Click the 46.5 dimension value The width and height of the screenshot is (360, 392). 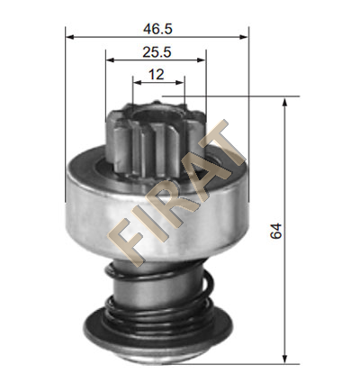point(157,29)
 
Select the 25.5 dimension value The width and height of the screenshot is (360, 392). point(157,52)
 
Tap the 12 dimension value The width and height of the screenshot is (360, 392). point(157,75)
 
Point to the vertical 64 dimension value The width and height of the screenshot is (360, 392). point(275,231)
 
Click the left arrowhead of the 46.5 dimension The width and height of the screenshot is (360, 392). point(70,37)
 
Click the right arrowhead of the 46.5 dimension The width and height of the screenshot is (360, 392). point(244,37)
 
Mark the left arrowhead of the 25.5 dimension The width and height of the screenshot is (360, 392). point(111,60)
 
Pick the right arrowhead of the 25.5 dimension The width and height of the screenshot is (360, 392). point(202,60)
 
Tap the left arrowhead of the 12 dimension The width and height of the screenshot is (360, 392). point(137,83)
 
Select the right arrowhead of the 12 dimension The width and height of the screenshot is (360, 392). point(180,83)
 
